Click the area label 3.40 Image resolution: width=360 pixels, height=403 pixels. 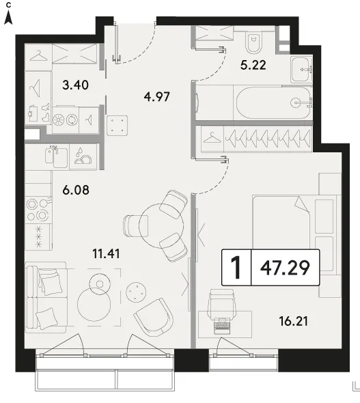(76, 85)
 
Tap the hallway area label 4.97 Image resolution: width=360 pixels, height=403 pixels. (156, 97)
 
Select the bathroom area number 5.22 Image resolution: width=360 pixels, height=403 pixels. (253, 65)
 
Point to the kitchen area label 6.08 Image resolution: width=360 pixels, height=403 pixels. (76, 190)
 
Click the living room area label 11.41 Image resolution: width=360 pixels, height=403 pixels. (106, 254)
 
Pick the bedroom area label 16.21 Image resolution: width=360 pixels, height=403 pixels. (294, 321)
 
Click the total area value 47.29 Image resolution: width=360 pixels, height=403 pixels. (286, 268)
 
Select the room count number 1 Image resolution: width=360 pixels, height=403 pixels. (236, 268)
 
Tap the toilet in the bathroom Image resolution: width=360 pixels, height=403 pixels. (254, 42)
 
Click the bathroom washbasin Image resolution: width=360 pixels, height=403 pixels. (301, 70)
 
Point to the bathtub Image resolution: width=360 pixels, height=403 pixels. (273, 103)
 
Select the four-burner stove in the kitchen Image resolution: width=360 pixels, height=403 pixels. (38, 210)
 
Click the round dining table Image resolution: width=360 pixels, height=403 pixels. (161, 225)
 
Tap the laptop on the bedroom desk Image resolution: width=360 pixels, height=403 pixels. (221, 325)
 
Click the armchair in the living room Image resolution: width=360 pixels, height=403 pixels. (154, 318)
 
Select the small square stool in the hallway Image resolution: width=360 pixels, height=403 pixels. (117, 126)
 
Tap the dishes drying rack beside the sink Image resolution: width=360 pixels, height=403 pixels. (83, 156)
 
